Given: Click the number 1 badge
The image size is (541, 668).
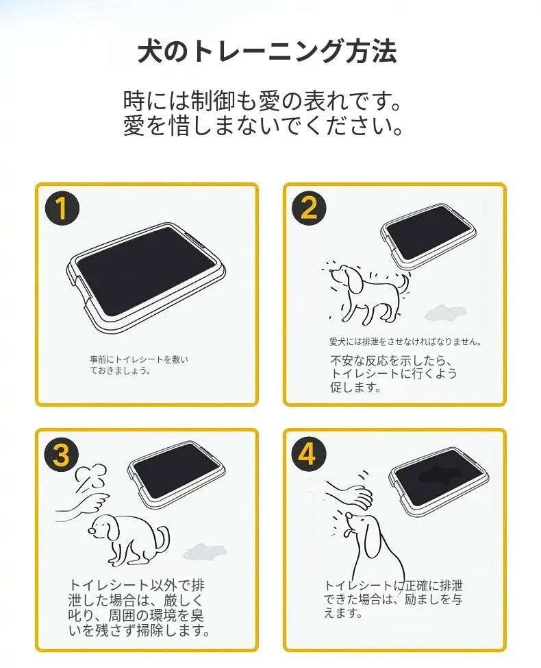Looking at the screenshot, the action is tap(62, 208).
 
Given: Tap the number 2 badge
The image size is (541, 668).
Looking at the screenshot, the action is tap(310, 208).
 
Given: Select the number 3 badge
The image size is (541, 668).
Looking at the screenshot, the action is tap(62, 454).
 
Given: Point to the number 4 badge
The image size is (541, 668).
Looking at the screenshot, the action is tap(310, 453).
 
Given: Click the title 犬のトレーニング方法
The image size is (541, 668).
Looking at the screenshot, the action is tap(268, 52).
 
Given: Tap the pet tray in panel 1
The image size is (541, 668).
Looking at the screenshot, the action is tap(147, 276).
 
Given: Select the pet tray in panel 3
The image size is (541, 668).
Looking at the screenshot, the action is tap(177, 474).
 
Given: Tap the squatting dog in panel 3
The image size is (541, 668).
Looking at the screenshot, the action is tap(127, 540).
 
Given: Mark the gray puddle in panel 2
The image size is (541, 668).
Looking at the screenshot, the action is tap(445, 312).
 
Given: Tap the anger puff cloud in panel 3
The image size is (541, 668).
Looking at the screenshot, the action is tap(90, 476).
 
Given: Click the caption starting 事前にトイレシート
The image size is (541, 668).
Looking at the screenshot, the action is tap(139, 365).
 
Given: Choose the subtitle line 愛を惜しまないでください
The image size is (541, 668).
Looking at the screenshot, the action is tap(263, 126).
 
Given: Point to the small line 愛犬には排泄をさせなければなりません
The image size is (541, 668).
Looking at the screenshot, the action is tap(405, 342).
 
